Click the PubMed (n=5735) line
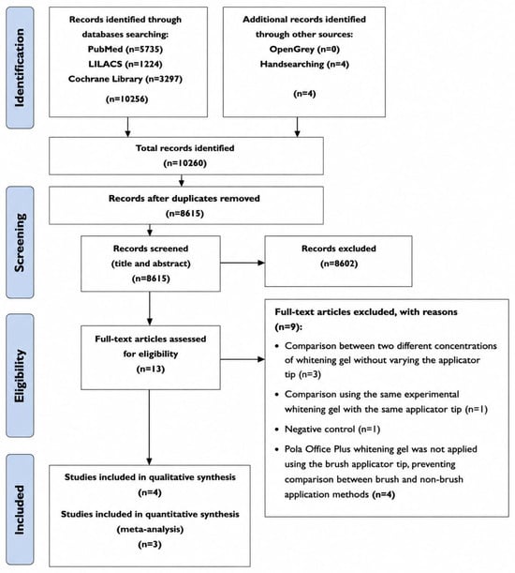pyautogui.click(x=125, y=49)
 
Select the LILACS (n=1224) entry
pyautogui.click(x=125, y=64)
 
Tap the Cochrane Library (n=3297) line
pyautogui.click(x=125, y=79)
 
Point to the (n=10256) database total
pyautogui.click(x=126, y=99)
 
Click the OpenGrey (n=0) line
pyautogui.click(x=304, y=49)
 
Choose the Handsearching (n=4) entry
pyautogui.click(x=304, y=65)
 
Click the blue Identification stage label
pyautogui.click(x=20, y=68)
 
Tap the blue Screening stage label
pyautogui.click(x=20, y=242)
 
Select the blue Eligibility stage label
pyautogui.click(x=20, y=376)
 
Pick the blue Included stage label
pyautogui.click(x=20, y=510)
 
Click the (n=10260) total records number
pyautogui.click(x=185, y=163)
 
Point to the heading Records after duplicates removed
pyautogui.click(x=184, y=199)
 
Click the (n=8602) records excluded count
pyautogui.click(x=339, y=264)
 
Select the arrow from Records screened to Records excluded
pyautogui.click(x=243, y=263)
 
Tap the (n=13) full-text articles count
pyautogui.click(x=151, y=369)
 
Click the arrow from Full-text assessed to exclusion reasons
pyautogui.click(x=243, y=359)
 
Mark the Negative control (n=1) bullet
pyautogui.click(x=328, y=429)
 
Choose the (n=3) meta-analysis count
pyautogui.click(x=150, y=545)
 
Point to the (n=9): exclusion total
pyautogui.click(x=288, y=326)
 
